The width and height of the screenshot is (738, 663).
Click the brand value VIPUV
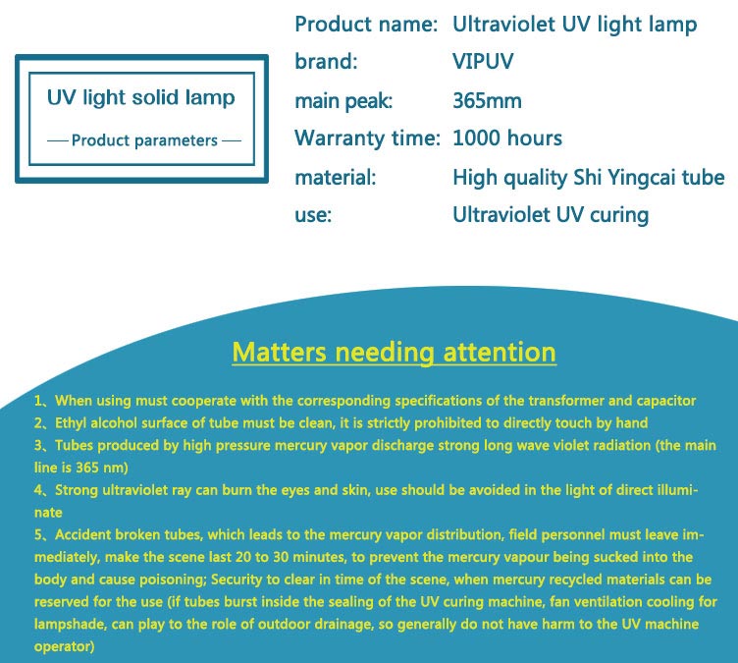point(483,62)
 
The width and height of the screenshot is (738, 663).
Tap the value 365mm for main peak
point(487,101)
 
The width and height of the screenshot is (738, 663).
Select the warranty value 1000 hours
point(507,138)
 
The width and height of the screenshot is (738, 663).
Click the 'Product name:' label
point(366,25)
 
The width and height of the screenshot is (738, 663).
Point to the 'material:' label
point(335,178)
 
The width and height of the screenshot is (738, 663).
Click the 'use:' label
point(313,215)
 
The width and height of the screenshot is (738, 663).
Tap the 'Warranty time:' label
point(367,138)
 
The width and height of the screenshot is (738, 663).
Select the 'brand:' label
point(326,62)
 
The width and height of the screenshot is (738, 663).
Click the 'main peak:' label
point(343,101)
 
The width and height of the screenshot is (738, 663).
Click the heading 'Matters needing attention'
point(394,353)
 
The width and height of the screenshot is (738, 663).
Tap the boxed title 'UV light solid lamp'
point(140,98)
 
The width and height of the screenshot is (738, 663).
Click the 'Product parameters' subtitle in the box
point(144,140)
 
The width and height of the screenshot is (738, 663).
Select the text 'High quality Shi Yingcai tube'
point(588,178)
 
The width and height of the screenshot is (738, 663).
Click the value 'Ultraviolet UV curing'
point(551,215)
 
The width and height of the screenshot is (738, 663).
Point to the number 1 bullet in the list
point(38,401)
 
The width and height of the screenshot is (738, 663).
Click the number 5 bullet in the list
point(38,535)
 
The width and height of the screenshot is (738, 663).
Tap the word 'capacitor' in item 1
point(666,401)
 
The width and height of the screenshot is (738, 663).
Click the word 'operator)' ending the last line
point(64,646)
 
